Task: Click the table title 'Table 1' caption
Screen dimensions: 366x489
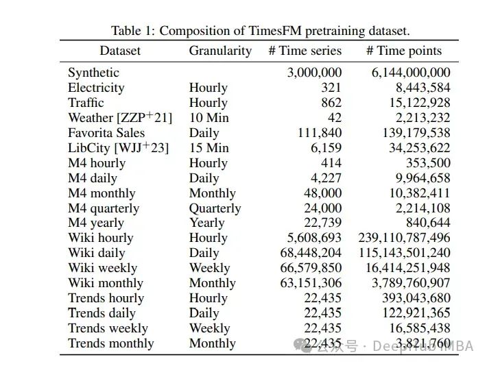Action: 261,31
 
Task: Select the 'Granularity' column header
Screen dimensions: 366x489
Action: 220,51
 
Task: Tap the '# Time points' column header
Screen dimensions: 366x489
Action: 404,51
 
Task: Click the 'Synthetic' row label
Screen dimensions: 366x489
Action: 93,73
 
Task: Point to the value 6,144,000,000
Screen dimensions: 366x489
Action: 411,73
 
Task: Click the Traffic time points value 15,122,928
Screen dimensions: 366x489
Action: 417,103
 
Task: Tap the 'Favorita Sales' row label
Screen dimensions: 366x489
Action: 106,133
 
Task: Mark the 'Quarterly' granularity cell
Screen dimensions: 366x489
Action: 215,208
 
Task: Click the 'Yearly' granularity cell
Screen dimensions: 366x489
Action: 206,223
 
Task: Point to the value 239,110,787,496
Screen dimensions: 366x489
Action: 405,238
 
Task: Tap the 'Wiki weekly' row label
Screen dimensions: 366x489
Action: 102,268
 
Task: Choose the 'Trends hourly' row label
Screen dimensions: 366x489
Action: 106,298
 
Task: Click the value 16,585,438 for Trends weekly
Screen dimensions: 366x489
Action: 417,328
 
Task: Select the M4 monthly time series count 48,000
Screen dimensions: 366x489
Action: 322,193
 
